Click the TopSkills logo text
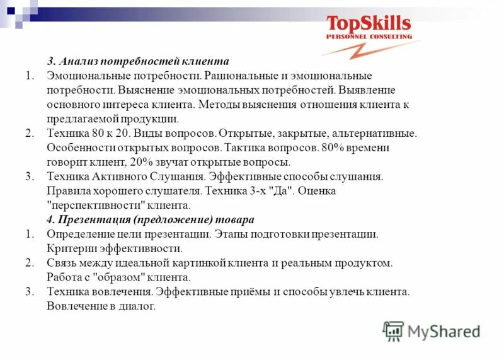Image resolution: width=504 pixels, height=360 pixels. coord(369,24)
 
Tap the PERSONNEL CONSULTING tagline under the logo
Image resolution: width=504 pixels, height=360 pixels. coord(369,37)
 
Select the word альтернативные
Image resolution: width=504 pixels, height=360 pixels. coord(373,133)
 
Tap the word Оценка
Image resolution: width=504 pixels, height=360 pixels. coord(318,191)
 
